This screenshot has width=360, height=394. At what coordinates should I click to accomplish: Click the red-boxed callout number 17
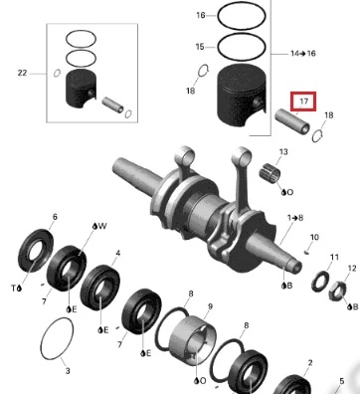point(304,100)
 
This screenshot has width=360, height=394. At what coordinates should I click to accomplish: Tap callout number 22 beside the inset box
point(22,73)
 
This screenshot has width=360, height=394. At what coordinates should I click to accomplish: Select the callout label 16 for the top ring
point(201,15)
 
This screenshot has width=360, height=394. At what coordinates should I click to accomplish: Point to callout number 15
point(200,47)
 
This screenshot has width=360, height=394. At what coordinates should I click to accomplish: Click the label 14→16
point(303,53)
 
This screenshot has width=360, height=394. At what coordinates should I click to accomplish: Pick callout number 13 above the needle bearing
point(283,152)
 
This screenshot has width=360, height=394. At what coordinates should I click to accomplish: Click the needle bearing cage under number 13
point(270,173)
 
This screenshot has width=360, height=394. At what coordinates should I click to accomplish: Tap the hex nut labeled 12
point(337,292)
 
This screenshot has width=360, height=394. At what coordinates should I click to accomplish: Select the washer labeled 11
point(320,282)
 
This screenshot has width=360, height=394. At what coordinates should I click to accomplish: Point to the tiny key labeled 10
point(307,253)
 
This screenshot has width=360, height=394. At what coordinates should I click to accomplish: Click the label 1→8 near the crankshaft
point(295,218)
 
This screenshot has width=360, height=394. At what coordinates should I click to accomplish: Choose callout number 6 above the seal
point(55,217)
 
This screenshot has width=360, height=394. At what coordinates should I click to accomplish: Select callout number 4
point(118,254)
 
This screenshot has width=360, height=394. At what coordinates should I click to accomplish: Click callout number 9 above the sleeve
point(210,306)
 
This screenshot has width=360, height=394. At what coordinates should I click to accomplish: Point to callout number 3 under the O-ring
point(68,371)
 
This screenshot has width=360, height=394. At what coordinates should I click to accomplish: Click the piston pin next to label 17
point(292,120)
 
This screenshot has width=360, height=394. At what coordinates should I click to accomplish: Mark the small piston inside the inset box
point(82,89)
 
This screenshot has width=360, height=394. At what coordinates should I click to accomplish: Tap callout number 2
point(310,363)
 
